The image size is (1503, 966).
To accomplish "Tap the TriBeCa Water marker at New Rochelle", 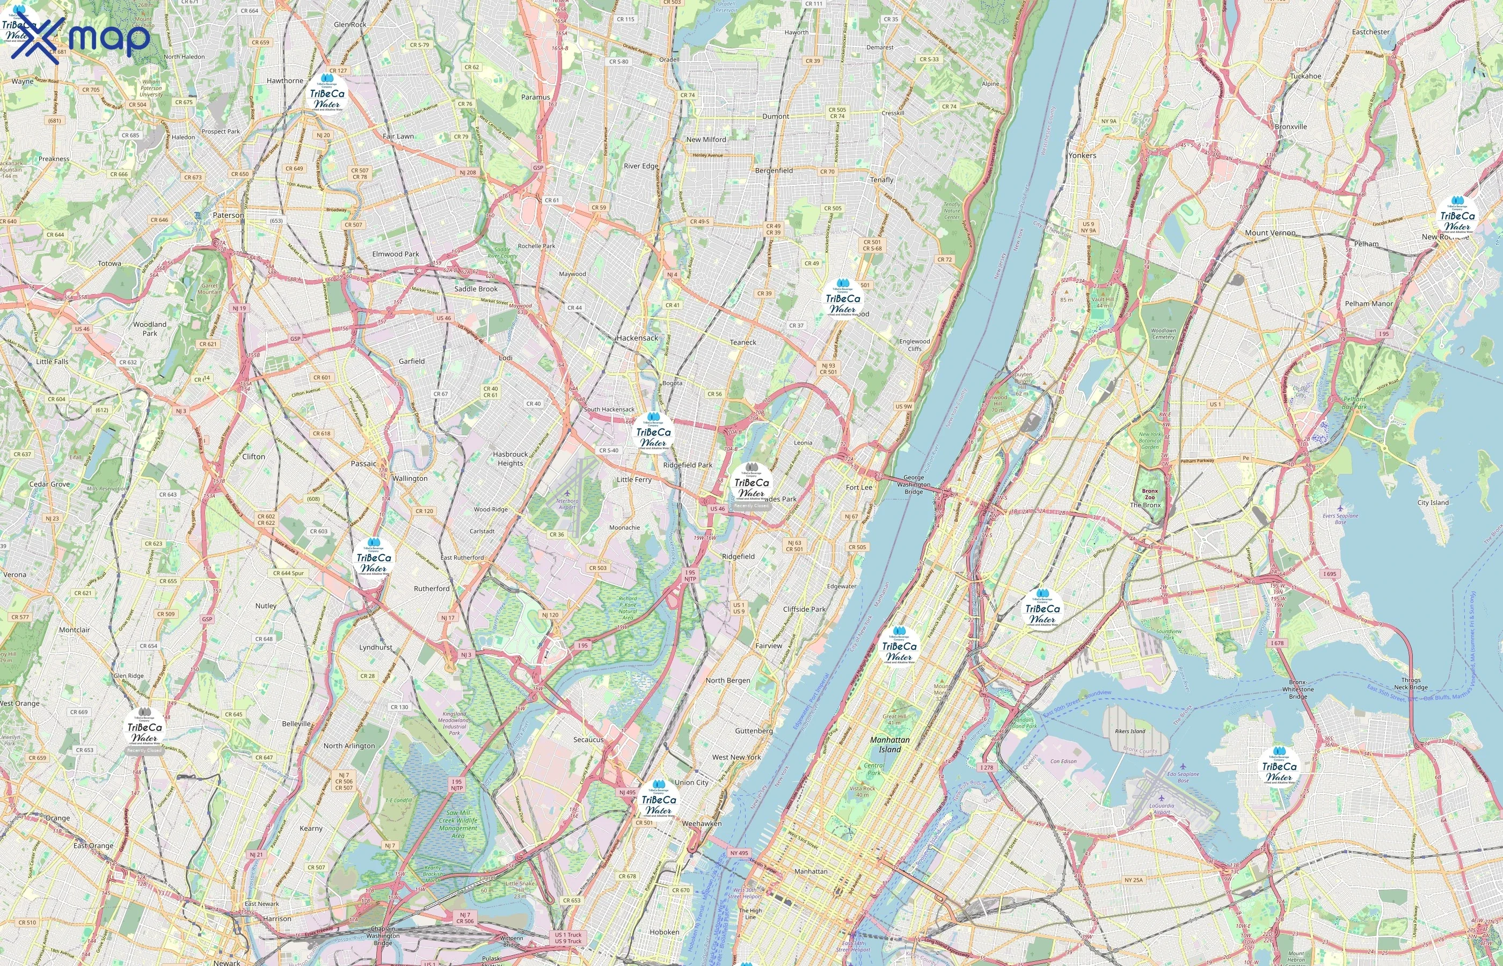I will click(x=1457, y=217).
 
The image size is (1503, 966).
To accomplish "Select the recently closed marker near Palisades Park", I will click(x=751, y=487).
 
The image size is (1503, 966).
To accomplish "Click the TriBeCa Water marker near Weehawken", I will click(x=658, y=800).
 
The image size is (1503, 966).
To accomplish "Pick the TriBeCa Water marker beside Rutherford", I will click(x=374, y=558).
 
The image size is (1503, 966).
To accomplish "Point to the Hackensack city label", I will click(x=637, y=338).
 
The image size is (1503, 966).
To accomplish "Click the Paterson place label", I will click(x=228, y=215).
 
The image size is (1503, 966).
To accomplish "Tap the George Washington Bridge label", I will click(x=914, y=485).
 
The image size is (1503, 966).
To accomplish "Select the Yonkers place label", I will click(x=1082, y=155).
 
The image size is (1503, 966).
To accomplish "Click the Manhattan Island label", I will click(x=889, y=744).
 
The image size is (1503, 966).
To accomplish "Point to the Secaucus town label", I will click(x=588, y=740).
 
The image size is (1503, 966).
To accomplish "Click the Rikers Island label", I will click(x=1130, y=731).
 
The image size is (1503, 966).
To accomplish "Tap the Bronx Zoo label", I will click(x=1149, y=494).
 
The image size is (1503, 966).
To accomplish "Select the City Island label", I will click(x=1433, y=502).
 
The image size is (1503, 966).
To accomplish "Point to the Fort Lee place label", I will click(x=858, y=487).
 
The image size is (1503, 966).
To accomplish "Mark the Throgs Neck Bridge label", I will click(x=1410, y=683).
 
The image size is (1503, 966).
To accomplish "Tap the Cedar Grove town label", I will click(x=49, y=484).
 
